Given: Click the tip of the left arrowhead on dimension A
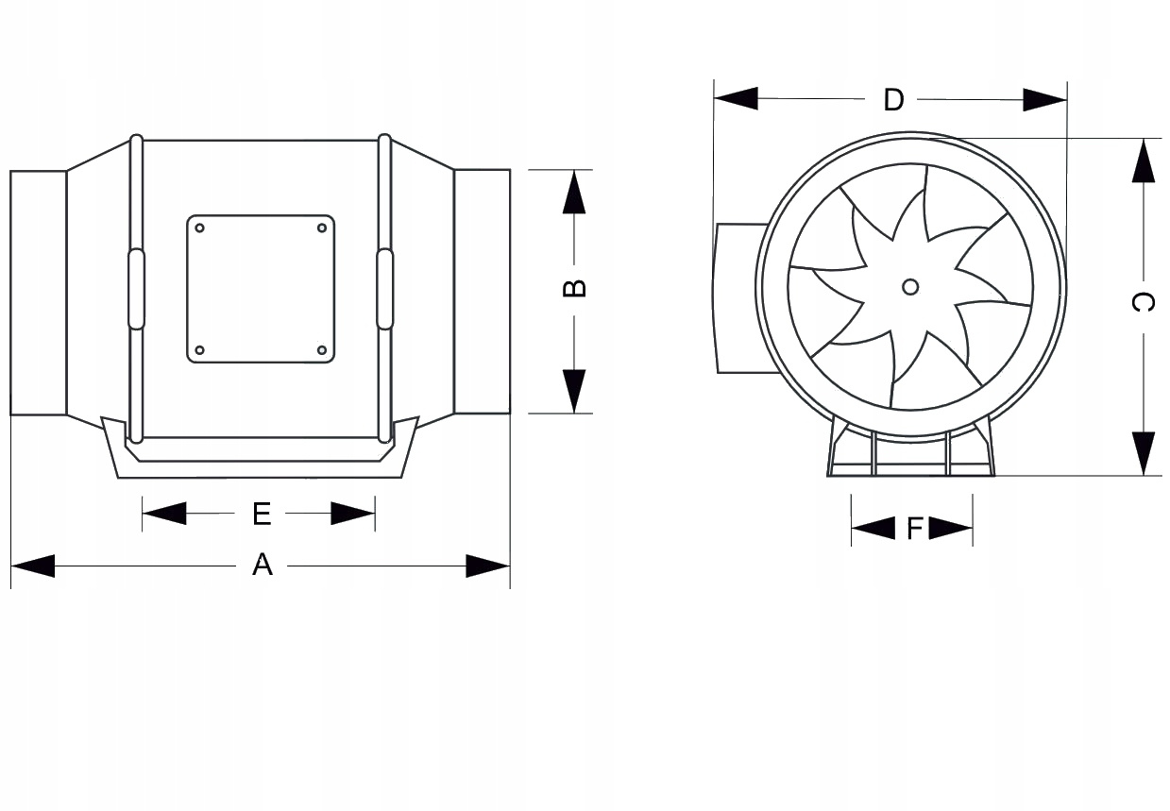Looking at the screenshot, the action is pyautogui.click(x=11, y=566).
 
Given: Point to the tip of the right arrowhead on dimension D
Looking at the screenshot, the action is pyautogui.click(x=1066, y=99).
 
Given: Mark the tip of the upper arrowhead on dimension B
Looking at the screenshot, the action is pyautogui.click(x=574, y=171).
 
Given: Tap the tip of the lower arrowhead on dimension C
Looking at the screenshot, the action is pyautogui.click(x=1144, y=475).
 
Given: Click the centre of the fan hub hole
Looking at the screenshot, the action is pyautogui.click(x=910, y=287).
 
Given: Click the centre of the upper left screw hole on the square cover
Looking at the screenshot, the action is pyautogui.click(x=199, y=228).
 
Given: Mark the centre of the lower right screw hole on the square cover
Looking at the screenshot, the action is pyautogui.click(x=322, y=350).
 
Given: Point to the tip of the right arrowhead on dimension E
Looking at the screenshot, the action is pyautogui.click(x=375, y=514).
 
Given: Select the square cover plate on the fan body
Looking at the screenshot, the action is pyautogui.click(x=261, y=289).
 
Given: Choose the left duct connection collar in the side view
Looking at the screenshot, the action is pyautogui.click(x=39, y=293).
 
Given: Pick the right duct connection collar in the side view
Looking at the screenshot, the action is pyautogui.click(x=483, y=292).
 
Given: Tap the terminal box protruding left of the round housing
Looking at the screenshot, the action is pyautogui.click(x=740, y=298).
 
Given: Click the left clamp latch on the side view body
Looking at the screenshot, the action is pyautogui.click(x=136, y=289).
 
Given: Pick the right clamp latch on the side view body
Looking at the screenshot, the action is pyautogui.click(x=385, y=289).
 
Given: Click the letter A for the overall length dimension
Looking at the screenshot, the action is pyautogui.click(x=263, y=565).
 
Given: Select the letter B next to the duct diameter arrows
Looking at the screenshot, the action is pyautogui.click(x=574, y=288).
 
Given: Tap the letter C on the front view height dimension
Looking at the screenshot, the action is pyautogui.click(x=1143, y=302).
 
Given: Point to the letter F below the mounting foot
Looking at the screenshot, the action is pyautogui.click(x=915, y=529).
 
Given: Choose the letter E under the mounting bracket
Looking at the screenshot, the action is pyautogui.click(x=262, y=514).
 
